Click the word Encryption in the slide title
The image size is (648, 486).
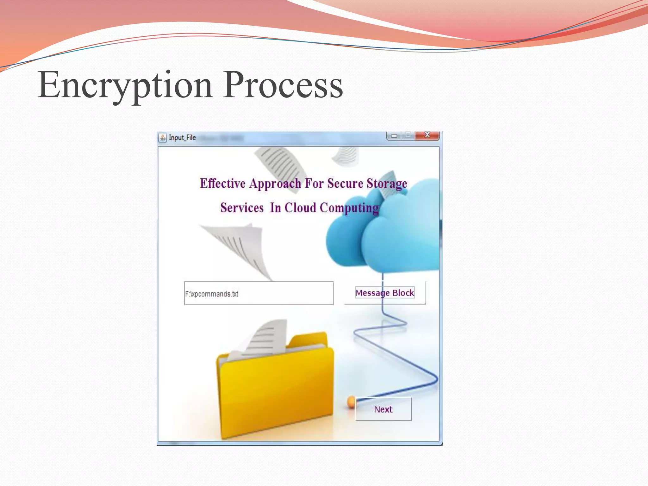coord(125,85)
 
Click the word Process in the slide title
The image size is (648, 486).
coord(283,85)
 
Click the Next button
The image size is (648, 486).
coord(383,409)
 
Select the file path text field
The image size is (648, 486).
coord(259,294)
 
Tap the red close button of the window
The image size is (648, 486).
coord(427,135)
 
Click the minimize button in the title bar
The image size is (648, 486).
coord(394,136)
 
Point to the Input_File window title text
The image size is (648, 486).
coord(182,138)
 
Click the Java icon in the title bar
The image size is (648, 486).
coord(162,138)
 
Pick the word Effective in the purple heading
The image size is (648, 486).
coord(222,184)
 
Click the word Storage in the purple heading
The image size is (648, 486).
coord(387,184)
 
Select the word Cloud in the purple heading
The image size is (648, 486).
coord(300,208)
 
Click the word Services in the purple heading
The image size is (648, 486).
coord(242,208)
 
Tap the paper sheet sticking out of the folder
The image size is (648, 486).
coord(266,339)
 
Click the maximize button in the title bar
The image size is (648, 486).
coord(408,135)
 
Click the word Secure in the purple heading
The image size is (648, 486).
coord(345,184)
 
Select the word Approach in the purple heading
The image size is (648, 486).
coord(275,184)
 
